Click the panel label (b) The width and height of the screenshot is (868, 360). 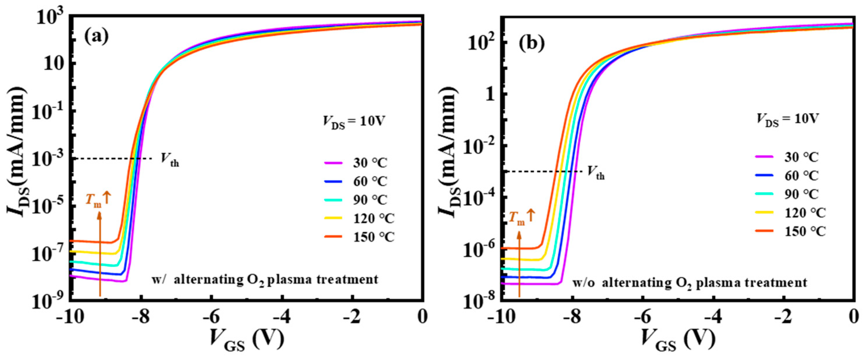click(531, 44)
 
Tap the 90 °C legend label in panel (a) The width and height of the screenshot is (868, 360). click(370, 200)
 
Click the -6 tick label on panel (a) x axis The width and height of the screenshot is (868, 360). click(212, 317)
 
